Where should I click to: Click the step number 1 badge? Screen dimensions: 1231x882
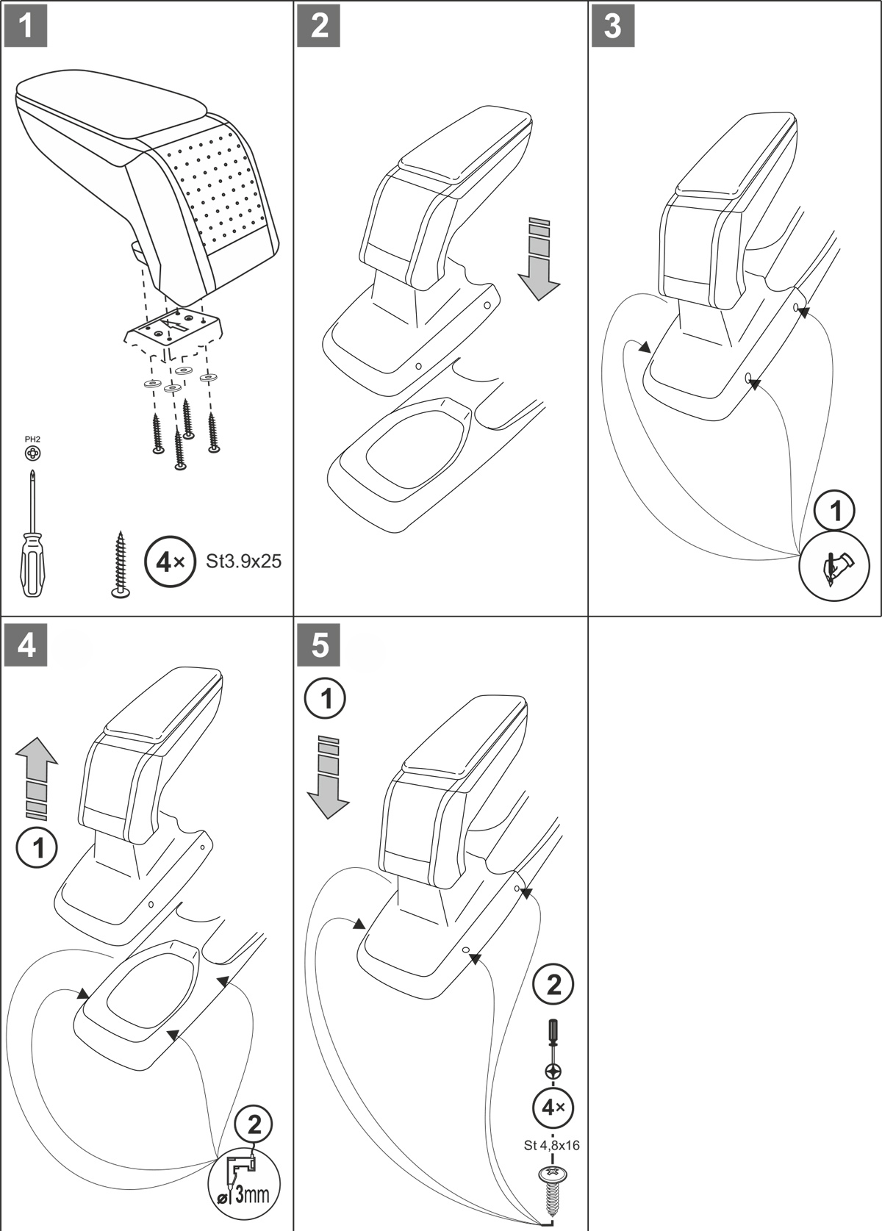[x=26, y=26]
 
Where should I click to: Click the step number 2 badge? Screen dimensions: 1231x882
[x=320, y=26]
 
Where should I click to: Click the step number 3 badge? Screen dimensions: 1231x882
[x=613, y=26]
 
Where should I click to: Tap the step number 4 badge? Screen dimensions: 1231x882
[x=26, y=645]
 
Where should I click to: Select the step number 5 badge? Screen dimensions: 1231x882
[x=320, y=645]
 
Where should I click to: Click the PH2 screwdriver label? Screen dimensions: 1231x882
[x=32, y=439]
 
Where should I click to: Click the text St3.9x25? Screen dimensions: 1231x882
[x=243, y=561]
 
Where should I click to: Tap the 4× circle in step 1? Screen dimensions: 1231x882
[x=169, y=562]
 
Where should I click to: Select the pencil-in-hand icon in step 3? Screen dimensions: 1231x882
[x=835, y=567]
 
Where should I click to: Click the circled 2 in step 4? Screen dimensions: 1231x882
[x=254, y=1124]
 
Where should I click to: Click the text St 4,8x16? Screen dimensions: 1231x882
[x=552, y=1145]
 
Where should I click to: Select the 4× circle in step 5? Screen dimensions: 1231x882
[x=553, y=1108]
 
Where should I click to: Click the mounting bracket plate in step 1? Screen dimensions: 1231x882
[x=173, y=328]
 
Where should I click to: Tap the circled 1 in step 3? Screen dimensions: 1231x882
[x=835, y=510]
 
